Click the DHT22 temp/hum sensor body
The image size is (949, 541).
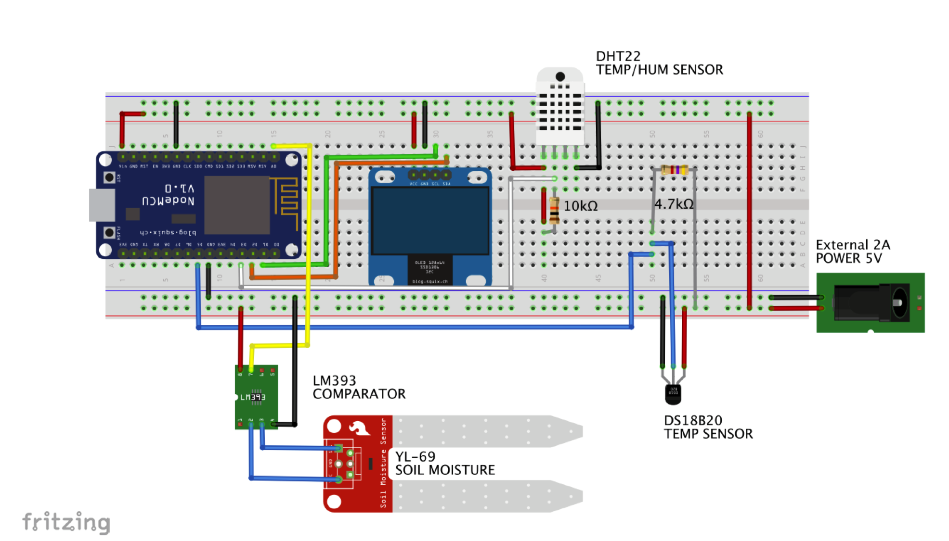click(560, 111)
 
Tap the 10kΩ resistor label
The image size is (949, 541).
click(581, 206)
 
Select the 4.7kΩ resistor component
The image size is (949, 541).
click(674, 170)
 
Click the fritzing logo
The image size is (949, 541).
click(66, 522)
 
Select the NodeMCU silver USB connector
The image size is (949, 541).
click(102, 205)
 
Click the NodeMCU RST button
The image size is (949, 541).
click(109, 177)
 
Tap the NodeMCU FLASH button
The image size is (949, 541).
click(109, 233)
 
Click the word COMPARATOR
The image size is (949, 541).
click(359, 394)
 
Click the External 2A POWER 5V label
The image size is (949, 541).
click(853, 252)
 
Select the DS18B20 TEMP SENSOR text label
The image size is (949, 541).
click(708, 427)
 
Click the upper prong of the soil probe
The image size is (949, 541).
click(486, 431)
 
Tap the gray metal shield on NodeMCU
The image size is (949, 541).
click(237, 205)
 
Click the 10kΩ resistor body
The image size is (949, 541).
click(554, 211)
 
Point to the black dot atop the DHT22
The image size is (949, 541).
click(560, 76)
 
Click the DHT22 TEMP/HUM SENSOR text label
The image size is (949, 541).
click(659, 63)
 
